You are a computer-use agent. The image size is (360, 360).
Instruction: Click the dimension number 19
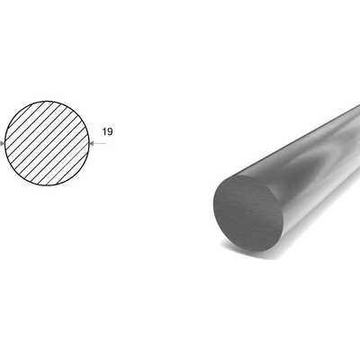(107, 131)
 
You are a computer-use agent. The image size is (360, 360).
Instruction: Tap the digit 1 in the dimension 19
(104, 131)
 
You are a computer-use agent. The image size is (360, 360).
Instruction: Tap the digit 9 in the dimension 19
(110, 131)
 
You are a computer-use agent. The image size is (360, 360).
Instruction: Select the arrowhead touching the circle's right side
(92, 144)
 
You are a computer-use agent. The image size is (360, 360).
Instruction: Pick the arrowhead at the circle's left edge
(2, 144)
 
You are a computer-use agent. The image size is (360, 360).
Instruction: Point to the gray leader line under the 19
(98, 144)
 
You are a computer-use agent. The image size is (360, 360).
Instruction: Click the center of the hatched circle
(47, 143)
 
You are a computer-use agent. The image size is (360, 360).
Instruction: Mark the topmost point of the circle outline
(47, 101)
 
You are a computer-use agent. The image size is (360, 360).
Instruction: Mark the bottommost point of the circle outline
(47, 185)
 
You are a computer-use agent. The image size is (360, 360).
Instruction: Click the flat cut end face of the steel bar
(248, 213)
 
